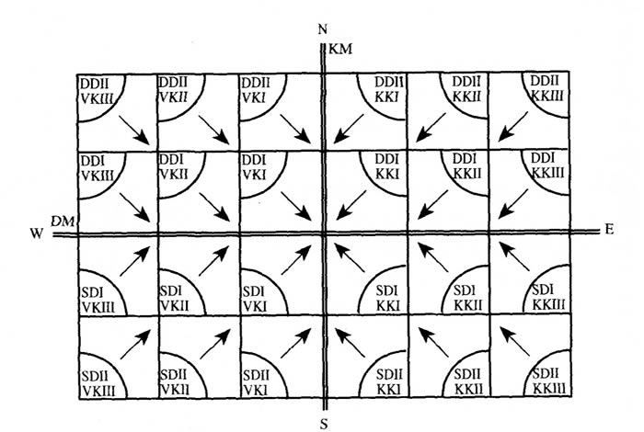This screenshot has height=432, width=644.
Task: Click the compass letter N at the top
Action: pos(322,29)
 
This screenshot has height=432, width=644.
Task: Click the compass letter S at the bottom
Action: pos(324,423)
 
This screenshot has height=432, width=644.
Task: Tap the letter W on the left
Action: pos(36,234)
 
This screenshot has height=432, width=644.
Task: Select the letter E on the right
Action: pos(610,229)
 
